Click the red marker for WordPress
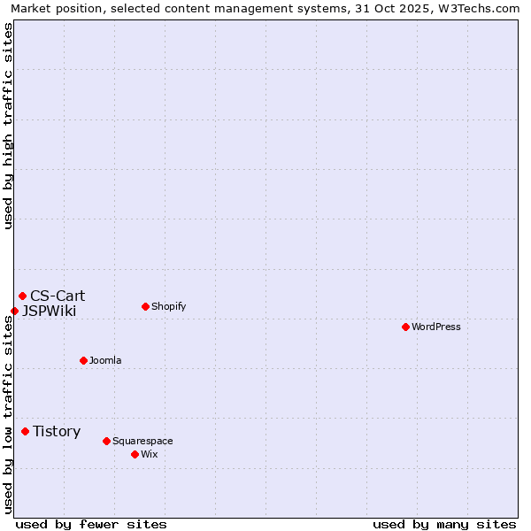pyautogui.click(x=405, y=327)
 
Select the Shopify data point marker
pyautogui.click(x=145, y=306)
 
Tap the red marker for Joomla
pyautogui.click(x=83, y=360)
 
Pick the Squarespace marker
pyautogui.click(x=106, y=441)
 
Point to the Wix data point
pyautogui.click(x=135, y=454)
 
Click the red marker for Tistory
pyautogui.click(x=25, y=431)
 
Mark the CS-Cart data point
pyautogui.click(x=22, y=296)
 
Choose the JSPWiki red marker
pyautogui.click(x=14, y=311)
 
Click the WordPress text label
pyautogui.click(x=436, y=327)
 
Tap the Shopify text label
pyautogui.click(x=168, y=307)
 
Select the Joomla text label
pyautogui.click(x=105, y=361)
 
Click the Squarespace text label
pyautogui.click(x=142, y=442)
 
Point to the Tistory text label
pyautogui.click(x=57, y=432)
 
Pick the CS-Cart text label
pyautogui.click(x=58, y=296)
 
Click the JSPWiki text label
pyautogui.click(x=49, y=312)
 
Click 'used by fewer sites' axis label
pyautogui.click(x=91, y=524)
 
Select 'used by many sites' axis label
pyautogui.click(x=444, y=524)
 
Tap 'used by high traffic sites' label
pyautogui.click(x=8, y=126)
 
